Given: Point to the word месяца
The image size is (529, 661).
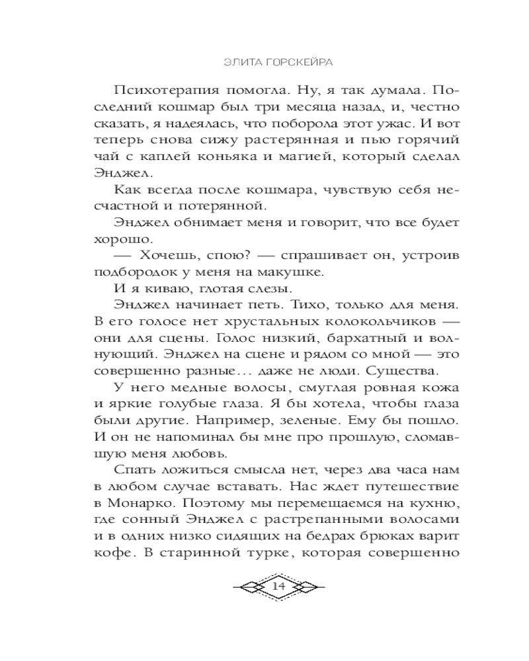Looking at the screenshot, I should pyautogui.click(x=310, y=108).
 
